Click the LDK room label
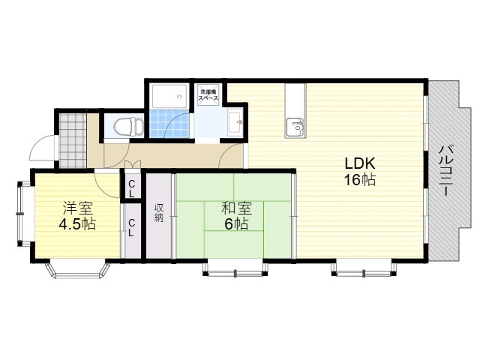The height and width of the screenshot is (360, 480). pos(360,163)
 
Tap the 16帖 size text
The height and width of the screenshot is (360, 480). pos(360,180)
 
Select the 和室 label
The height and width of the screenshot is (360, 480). pos(236,208)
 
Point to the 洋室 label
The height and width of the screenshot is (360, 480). pos(77,208)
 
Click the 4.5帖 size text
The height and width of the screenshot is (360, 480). pos(77,224)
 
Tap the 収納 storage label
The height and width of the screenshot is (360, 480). pos(159,212)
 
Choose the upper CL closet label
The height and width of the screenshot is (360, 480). pos(131,188)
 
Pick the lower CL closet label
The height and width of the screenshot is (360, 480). pos(131,227)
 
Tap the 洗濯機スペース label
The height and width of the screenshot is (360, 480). pos(208,95)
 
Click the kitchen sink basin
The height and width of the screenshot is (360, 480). pos(295,127)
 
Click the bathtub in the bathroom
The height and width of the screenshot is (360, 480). pos(169,96)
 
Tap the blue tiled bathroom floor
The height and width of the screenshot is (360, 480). pos(169,123)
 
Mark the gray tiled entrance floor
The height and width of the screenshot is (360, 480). pos(73,141)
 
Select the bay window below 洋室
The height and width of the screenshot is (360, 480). pos(77,268)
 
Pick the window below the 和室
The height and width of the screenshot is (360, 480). pos(235,268)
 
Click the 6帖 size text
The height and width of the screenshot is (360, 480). pos(236,224)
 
